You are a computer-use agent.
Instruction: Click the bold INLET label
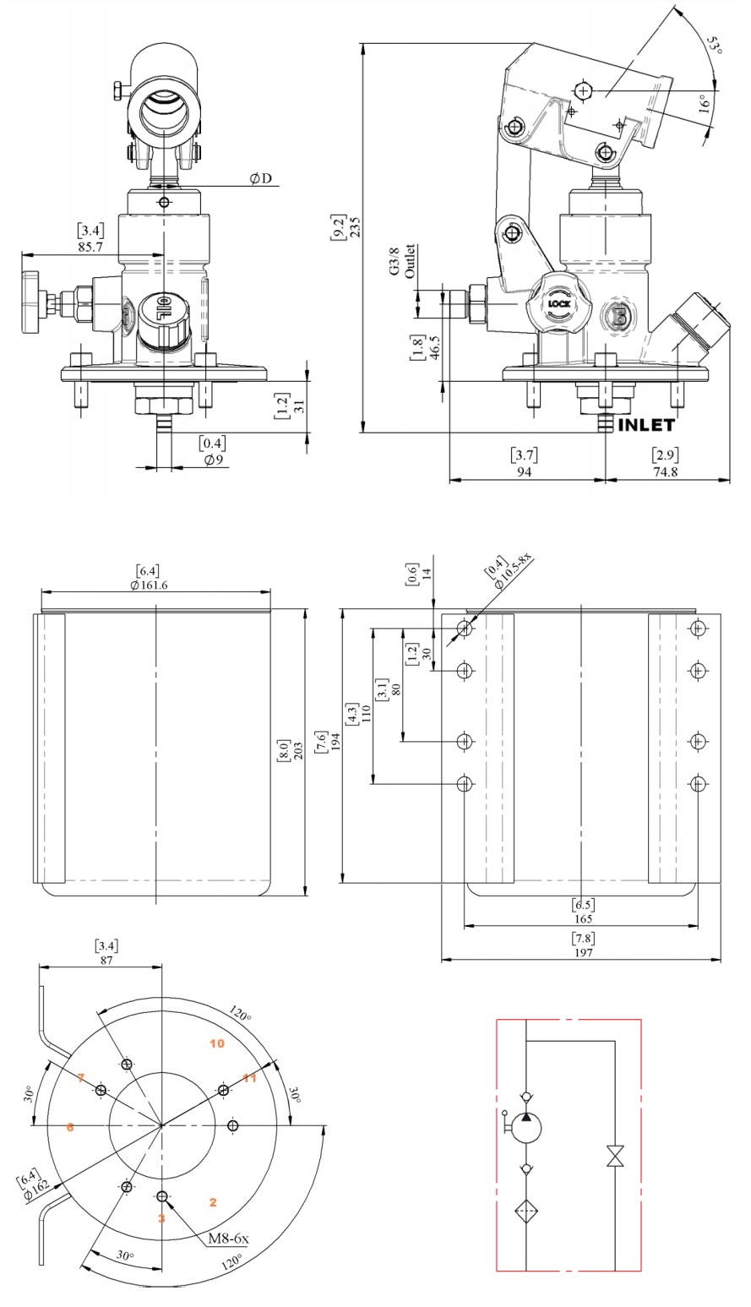pyautogui.click(x=647, y=425)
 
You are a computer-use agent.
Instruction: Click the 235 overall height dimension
pyautogui.click(x=355, y=226)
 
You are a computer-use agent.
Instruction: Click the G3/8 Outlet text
pyautogui.click(x=402, y=261)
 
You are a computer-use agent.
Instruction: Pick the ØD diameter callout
pyautogui.click(x=260, y=178)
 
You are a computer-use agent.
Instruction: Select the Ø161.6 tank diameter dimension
pyautogui.click(x=149, y=585)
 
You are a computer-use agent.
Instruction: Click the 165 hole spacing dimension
pyautogui.click(x=583, y=918)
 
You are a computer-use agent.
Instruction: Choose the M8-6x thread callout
pyautogui.click(x=228, y=1240)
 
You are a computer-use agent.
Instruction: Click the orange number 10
pyautogui.click(x=217, y=1043)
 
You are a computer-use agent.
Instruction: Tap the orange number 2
pyautogui.click(x=213, y=1201)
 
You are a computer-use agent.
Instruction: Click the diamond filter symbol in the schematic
pyautogui.click(x=526, y=1210)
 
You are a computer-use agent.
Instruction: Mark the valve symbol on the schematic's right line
pyautogui.click(x=615, y=1156)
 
